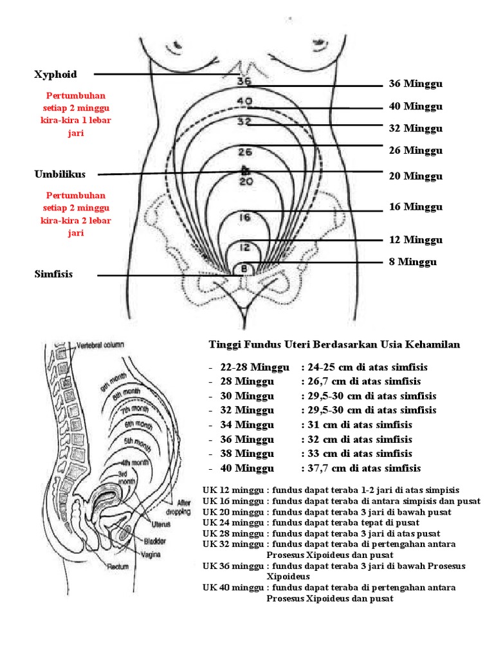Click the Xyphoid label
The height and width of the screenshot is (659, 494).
[x=55, y=75]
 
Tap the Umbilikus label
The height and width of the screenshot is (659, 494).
[x=60, y=174]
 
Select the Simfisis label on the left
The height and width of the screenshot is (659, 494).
[x=53, y=274]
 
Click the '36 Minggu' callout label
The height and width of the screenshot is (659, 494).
[x=416, y=84]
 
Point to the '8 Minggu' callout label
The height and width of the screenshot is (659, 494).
[x=412, y=262]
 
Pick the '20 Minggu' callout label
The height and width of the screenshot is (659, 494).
[x=416, y=176]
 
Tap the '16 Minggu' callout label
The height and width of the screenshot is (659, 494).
[x=416, y=207]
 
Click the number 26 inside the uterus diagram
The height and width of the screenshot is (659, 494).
[x=244, y=153]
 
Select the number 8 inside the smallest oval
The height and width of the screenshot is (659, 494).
[x=244, y=268]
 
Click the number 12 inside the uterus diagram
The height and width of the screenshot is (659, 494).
[x=244, y=246]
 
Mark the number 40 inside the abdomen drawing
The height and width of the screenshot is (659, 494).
[x=244, y=101]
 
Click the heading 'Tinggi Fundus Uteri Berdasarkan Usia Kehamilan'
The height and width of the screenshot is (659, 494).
[x=334, y=345]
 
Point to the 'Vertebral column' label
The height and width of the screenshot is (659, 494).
[x=100, y=345]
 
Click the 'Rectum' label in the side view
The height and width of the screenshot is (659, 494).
[x=118, y=566]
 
